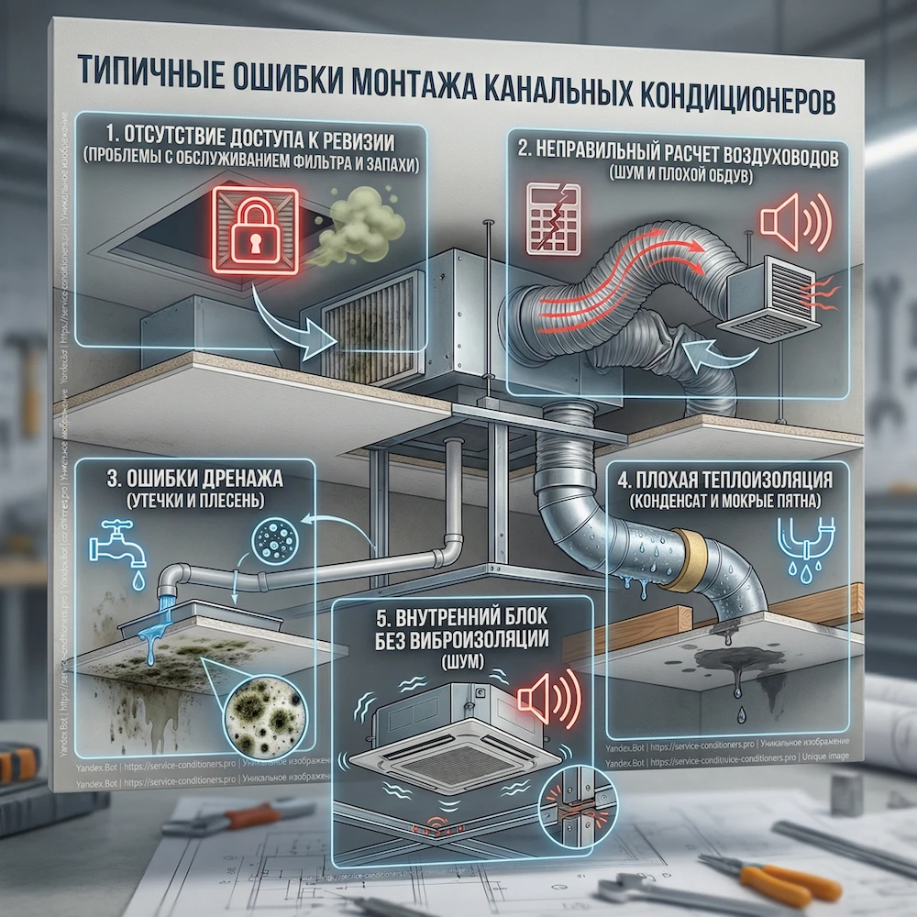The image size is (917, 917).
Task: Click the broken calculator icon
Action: [554, 219]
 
